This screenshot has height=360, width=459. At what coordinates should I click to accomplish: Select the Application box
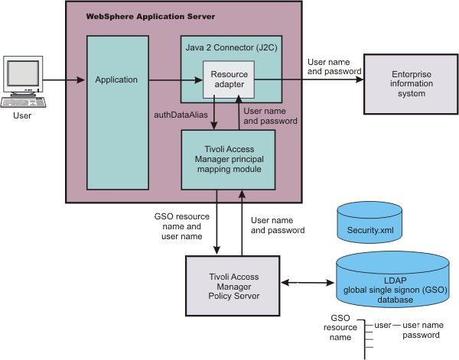pos(116,79)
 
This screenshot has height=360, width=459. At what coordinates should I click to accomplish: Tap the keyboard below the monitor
pos(22,102)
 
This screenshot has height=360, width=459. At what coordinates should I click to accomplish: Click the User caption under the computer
pos(23,116)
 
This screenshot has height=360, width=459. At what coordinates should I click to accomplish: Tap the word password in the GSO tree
pos(422,335)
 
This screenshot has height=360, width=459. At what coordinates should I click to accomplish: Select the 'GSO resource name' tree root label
pos(341,327)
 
